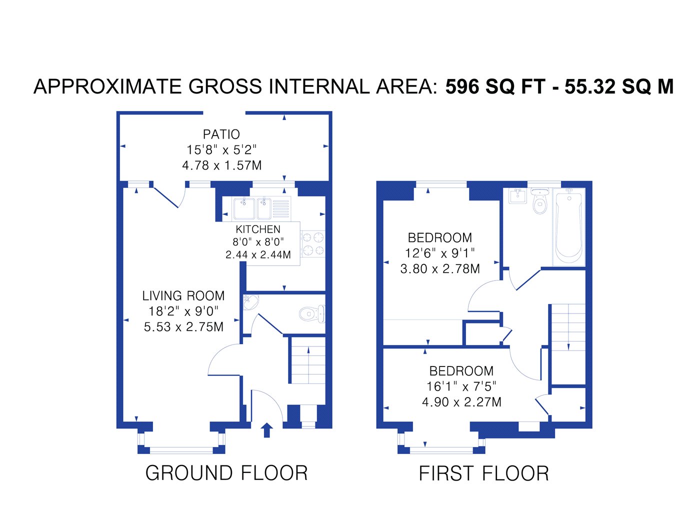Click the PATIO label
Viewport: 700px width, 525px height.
(x=221, y=134)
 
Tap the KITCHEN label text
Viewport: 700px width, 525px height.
(x=257, y=229)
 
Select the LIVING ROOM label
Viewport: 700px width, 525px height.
(x=183, y=296)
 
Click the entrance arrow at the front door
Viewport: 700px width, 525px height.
(x=266, y=430)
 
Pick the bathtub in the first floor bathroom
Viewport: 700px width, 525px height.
(x=568, y=226)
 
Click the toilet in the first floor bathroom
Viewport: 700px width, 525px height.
(x=539, y=201)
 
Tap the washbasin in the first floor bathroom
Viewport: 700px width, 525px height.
(x=517, y=196)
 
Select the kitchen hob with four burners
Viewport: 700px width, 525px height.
(x=313, y=244)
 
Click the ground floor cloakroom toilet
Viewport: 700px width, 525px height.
(x=312, y=313)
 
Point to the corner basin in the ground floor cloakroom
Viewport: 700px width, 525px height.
(x=250, y=301)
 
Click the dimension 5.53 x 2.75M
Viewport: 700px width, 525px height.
(x=183, y=326)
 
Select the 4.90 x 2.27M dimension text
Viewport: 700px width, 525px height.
(x=461, y=402)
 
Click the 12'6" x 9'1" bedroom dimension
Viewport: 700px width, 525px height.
(x=440, y=253)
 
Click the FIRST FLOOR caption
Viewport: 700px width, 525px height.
(x=483, y=473)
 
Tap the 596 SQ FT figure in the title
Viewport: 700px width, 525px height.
(x=495, y=86)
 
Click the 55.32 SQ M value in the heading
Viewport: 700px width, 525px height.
(x=619, y=86)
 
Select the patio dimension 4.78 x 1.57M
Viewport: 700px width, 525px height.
(x=221, y=165)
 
